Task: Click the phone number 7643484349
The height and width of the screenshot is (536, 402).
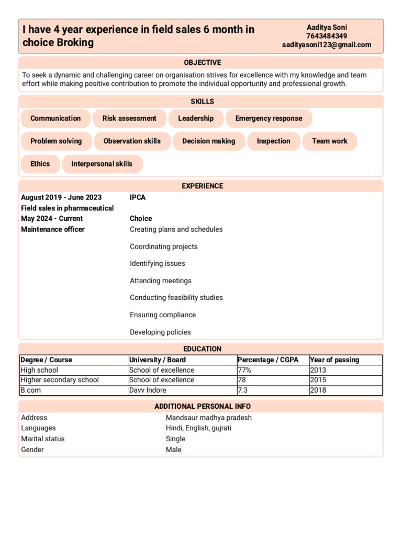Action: pyautogui.click(x=327, y=36)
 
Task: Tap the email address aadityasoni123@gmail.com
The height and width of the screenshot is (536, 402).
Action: pyautogui.click(x=327, y=45)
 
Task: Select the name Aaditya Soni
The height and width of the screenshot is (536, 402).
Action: pyautogui.click(x=327, y=27)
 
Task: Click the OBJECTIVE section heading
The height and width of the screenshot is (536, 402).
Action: pyautogui.click(x=202, y=62)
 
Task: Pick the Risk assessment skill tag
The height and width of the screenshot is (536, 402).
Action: pyautogui.click(x=129, y=118)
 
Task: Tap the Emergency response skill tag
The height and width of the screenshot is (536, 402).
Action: pyautogui.click(x=269, y=118)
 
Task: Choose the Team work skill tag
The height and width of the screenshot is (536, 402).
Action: pyautogui.click(x=329, y=141)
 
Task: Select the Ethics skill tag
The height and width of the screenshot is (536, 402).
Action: pyautogui.click(x=40, y=164)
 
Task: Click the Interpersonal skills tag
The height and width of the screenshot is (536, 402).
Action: pyautogui.click(x=102, y=164)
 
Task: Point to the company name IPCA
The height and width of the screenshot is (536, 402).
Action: pyautogui.click(x=138, y=197)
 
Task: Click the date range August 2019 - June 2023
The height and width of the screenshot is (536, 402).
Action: pyautogui.click(x=61, y=197)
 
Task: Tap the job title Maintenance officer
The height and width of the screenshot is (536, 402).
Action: pyautogui.click(x=52, y=229)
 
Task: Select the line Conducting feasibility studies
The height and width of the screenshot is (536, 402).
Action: pyautogui.click(x=176, y=297)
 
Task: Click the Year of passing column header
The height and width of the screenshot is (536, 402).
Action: pyautogui.click(x=334, y=360)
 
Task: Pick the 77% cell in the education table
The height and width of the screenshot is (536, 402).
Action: pyautogui.click(x=244, y=370)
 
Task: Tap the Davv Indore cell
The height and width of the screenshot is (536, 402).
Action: pyautogui.click(x=148, y=390)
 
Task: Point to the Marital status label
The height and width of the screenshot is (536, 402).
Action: pyautogui.click(x=43, y=439)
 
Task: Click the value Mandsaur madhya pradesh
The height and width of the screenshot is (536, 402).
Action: pyautogui.click(x=208, y=418)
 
